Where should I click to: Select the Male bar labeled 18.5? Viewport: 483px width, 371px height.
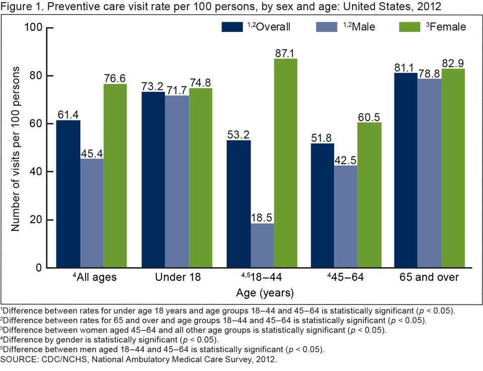(x=262, y=245)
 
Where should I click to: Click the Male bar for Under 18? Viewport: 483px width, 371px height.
(x=177, y=181)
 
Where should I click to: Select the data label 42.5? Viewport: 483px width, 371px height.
(x=346, y=159)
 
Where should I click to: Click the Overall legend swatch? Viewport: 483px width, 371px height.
(x=232, y=27)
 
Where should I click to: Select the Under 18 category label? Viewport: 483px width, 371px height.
(x=178, y=277)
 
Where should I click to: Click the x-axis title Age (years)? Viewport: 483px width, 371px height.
(x=265, y=293)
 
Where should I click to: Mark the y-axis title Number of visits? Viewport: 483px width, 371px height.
(x=16, y=149)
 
